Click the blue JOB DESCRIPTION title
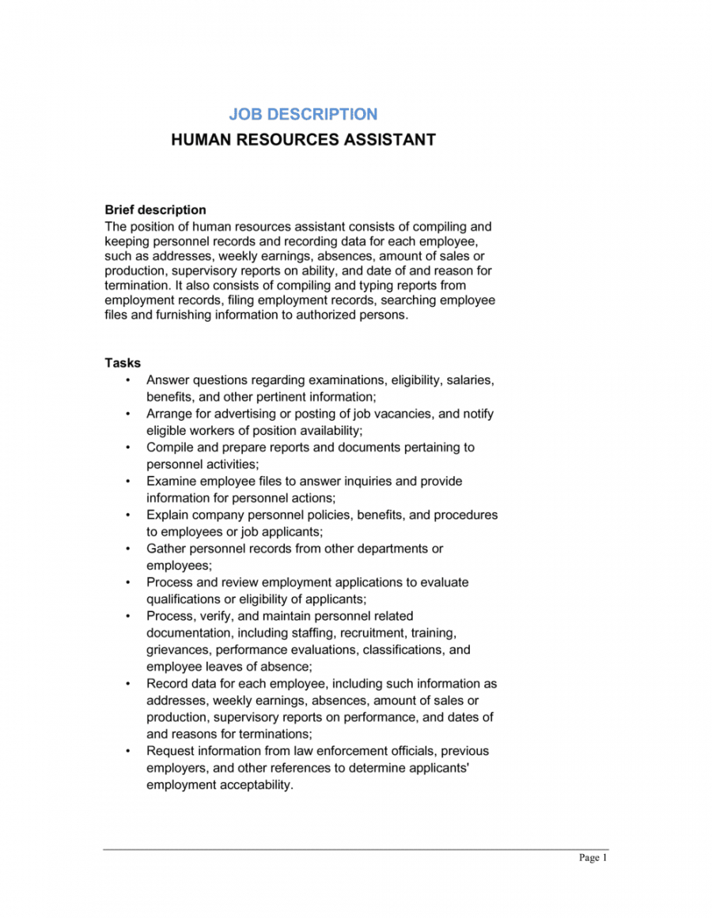(x=303, y=115)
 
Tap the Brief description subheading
(x=155, y=210)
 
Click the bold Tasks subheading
(x=123, y=364)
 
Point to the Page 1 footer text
(x=593, y=858)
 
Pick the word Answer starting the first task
(x=168, y=380)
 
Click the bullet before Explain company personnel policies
(x=128, y=516)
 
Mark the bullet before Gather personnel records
(x=128, y=549)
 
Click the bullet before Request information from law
(x=128, y=751)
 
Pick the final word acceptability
(x=256, y=785)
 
